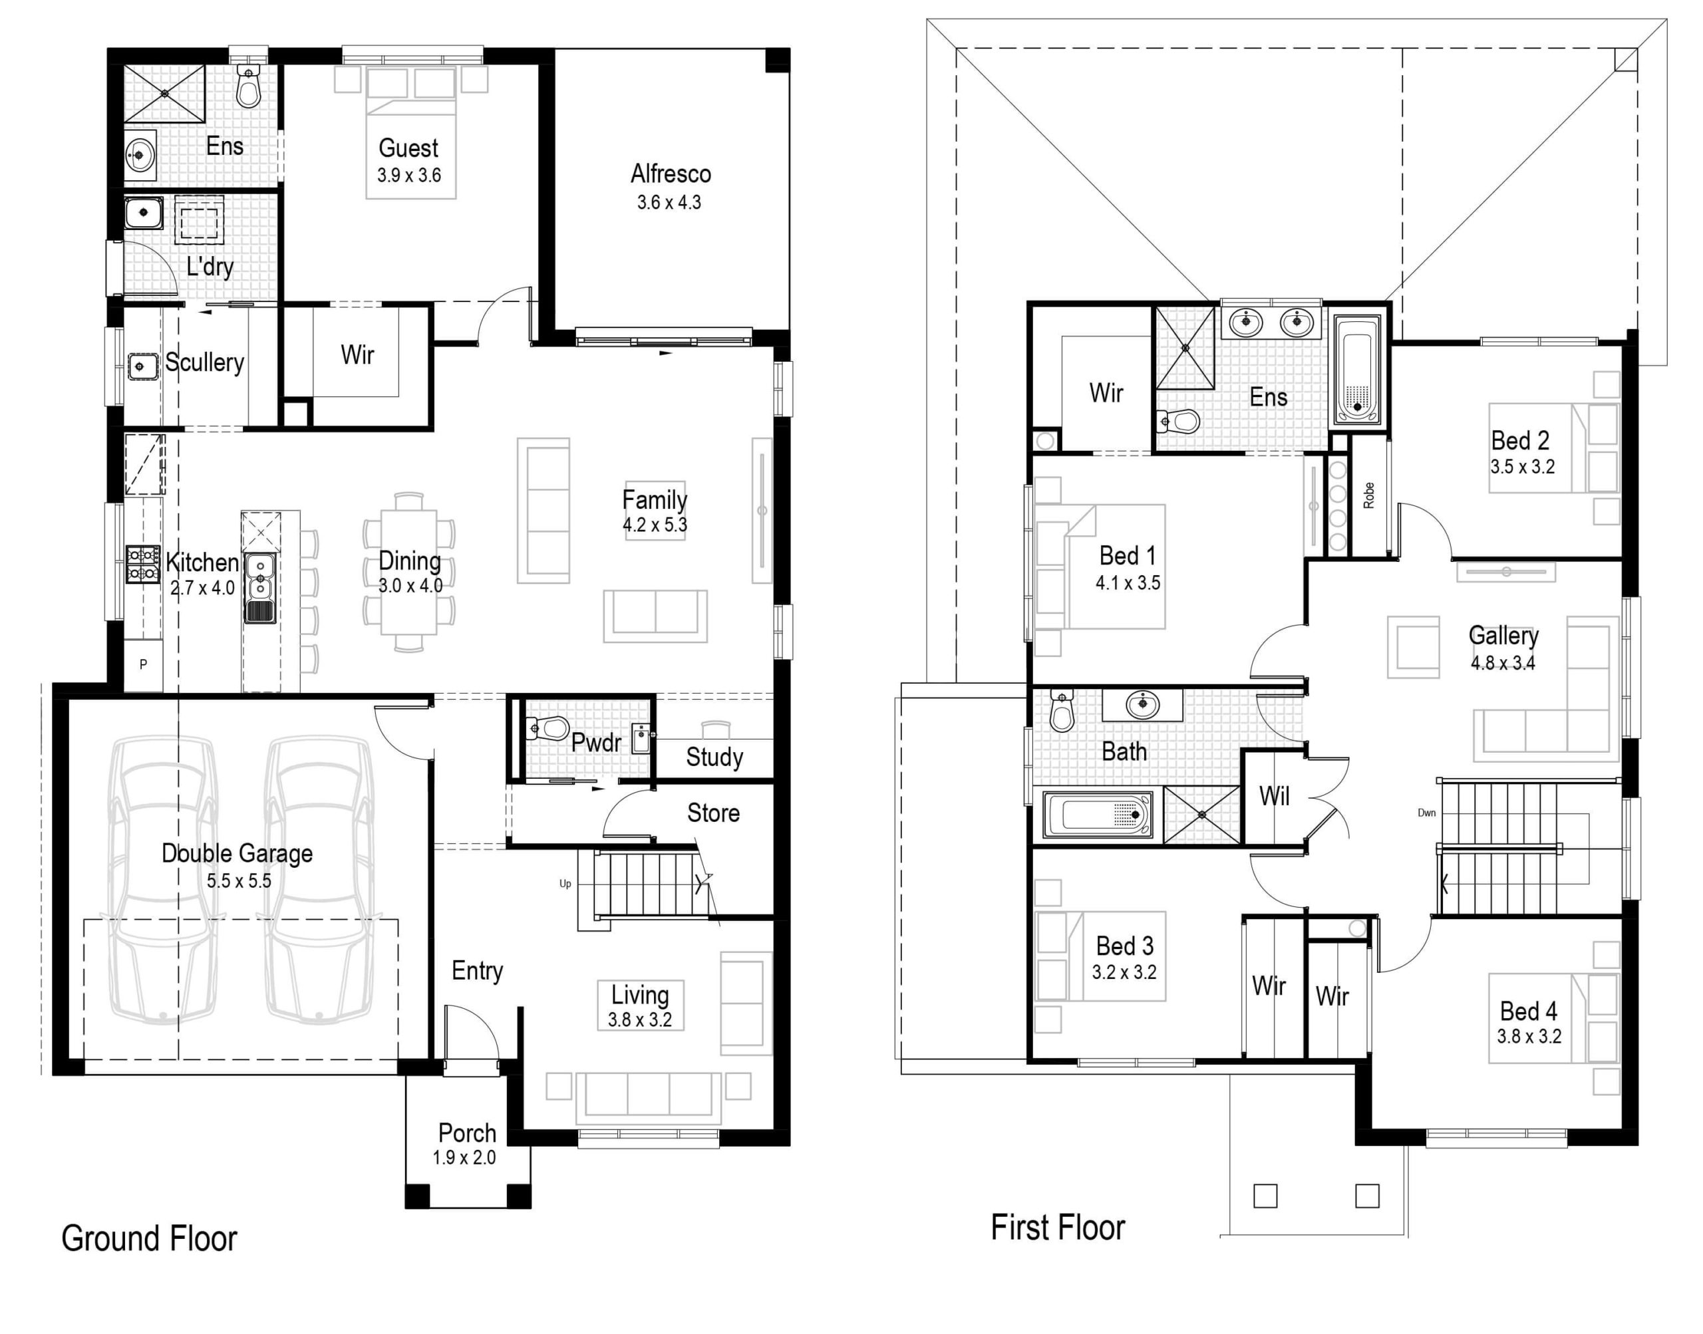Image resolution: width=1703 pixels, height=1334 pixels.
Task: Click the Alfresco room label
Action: click(671, 174)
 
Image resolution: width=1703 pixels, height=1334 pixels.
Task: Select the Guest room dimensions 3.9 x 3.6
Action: click(408, 175)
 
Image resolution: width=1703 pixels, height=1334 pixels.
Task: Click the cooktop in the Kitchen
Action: click(143, 564)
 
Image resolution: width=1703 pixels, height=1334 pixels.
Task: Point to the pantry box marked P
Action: click(144, 664)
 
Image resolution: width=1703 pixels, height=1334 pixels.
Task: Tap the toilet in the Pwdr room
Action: click(550, 729)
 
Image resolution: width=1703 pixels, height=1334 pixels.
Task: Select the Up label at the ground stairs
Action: click(565, 883)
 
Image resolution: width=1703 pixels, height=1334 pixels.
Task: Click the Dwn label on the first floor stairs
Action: click(1426, 813)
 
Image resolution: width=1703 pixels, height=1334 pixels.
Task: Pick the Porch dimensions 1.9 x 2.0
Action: click(464, 1158)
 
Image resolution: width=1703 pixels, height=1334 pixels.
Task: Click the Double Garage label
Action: click(237, 853)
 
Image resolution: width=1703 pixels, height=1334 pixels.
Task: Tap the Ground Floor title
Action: click(148, 1239)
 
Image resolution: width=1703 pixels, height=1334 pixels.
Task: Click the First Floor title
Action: click(1057, 1227)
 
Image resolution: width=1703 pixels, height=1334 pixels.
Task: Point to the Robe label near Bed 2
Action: click(1368, 495)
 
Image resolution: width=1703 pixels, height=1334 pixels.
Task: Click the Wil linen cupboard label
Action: click(1273, 797)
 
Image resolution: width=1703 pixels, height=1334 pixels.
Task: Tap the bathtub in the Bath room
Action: click(1097, 815)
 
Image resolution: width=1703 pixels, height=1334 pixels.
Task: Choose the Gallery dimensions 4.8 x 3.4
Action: click(1502, 663)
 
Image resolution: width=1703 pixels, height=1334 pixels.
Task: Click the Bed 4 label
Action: click(1528, 1011)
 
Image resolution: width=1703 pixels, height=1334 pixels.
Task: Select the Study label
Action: click(714, 757)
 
